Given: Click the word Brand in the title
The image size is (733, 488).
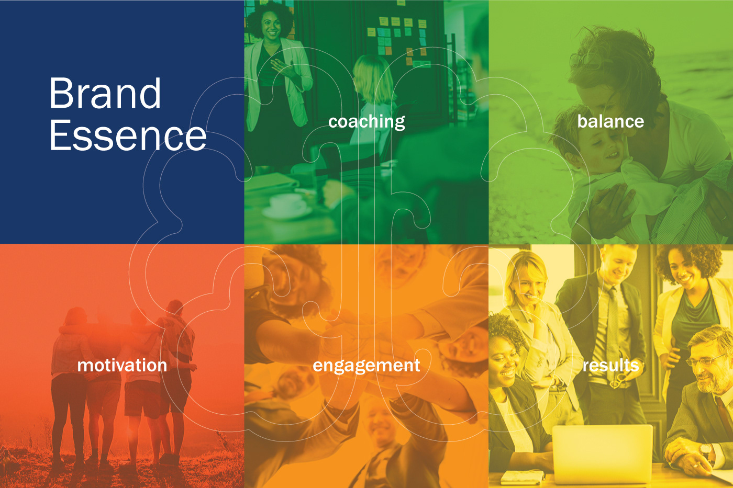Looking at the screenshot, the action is pyautogui.click(x=105, y=93).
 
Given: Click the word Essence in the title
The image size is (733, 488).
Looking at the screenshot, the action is pyautogui.click(x=128, y=135).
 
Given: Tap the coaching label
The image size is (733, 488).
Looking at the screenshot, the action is pyautogui.click(x=366, y=122).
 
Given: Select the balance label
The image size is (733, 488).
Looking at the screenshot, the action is pyautogui.click(x=610, y=121).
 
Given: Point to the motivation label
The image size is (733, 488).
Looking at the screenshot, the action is pyautogui.click(x=122, y=365).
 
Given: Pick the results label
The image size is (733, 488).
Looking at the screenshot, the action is pyautogui.click(x=610, y=365).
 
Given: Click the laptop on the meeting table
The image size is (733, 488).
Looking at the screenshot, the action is pyautogui.click(x=603, y=453).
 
